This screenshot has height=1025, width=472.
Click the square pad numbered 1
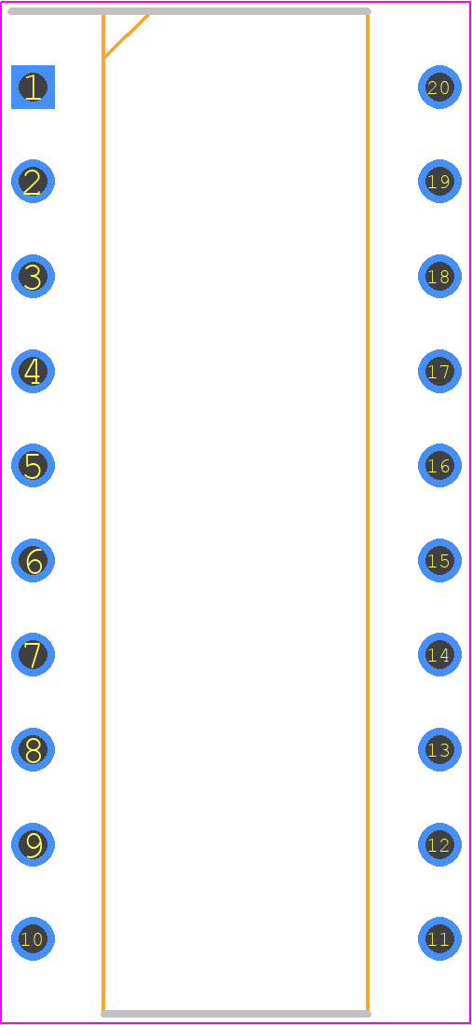33,87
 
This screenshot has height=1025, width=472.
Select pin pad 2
33,181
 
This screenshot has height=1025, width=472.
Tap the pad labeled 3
33,276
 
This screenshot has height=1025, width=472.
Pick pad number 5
33,465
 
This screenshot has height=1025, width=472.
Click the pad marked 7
33,654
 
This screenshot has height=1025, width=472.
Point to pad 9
33,844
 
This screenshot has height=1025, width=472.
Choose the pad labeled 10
33,938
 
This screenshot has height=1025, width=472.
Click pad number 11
439,938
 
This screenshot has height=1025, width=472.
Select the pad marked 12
439,844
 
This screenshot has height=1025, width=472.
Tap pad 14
439,654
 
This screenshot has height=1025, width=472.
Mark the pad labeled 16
439,465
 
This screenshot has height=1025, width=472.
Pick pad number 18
439,276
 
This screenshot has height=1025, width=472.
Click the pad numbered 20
439,87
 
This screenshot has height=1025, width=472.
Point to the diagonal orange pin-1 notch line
127,35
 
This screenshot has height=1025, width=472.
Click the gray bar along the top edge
189,11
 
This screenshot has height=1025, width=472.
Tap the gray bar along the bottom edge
236,1014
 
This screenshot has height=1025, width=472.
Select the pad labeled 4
33,371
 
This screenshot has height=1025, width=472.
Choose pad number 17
439,371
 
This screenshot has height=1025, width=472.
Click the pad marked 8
33,749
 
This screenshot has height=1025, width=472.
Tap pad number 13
439,749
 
